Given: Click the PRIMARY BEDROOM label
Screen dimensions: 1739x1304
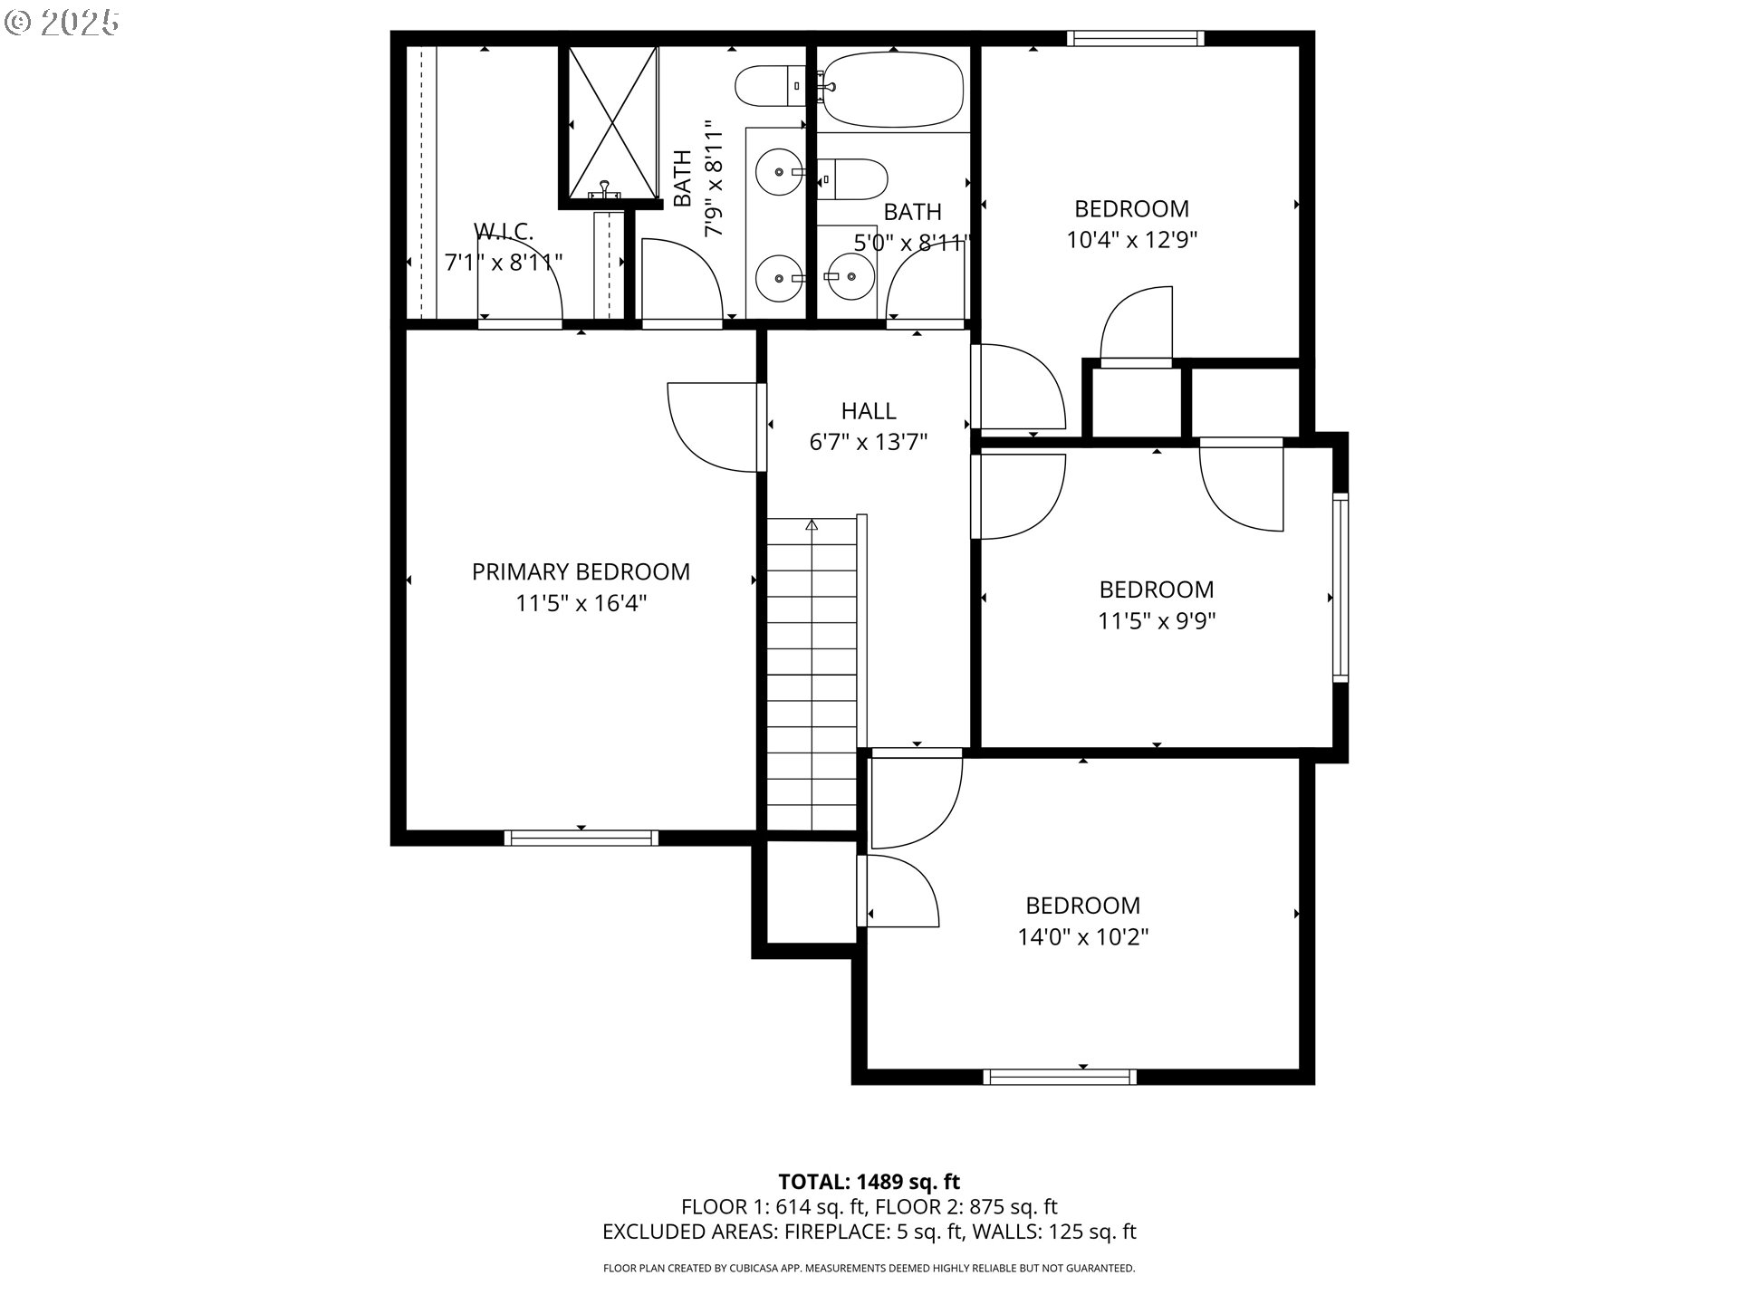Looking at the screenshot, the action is [581, 572].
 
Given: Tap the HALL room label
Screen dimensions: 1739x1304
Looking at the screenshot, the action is [869, 411].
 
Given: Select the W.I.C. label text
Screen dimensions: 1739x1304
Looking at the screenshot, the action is [504, 232].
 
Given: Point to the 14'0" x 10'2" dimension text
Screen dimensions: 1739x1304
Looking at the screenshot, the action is [1083, 936].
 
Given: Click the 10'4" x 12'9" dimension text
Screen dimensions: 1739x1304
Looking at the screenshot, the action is [1132, 240].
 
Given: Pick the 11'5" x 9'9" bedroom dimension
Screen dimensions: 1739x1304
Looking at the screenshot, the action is [1157, 621].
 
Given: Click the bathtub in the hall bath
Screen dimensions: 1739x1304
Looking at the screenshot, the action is [892, 89].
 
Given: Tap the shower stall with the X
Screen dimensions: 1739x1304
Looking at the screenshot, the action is [613, 121].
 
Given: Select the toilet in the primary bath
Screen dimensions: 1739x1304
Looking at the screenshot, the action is [770, 87].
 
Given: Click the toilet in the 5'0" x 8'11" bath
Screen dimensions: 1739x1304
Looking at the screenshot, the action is [851, 179].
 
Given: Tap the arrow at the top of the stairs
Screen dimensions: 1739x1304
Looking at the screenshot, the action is [812, 524].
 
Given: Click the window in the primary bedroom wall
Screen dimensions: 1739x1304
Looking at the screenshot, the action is [581, 838].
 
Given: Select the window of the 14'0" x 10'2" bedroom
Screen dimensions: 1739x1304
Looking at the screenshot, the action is [1060, 1077].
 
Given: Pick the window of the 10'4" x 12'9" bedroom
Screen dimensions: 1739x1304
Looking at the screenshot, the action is [1135, 38].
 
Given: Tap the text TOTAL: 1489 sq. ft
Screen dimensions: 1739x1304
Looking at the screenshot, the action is [869, 1182].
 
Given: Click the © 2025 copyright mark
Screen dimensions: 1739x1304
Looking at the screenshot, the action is [62, 23].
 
